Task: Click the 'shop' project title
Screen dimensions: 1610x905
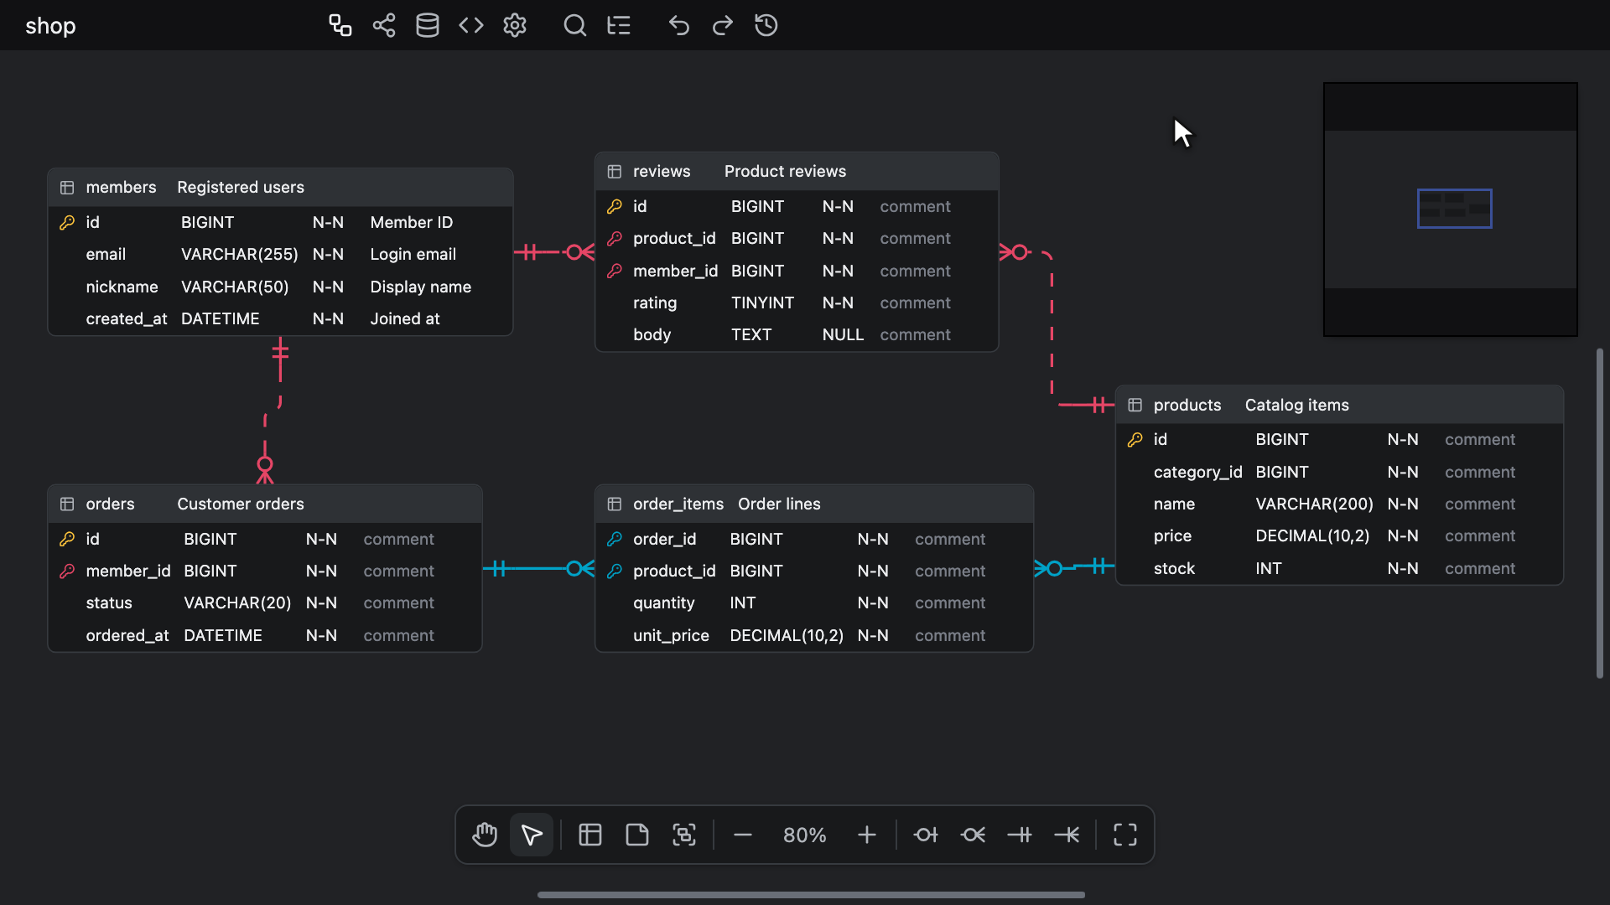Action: (x=50, y=26)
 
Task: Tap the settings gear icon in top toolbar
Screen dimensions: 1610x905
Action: (x=515, y=25)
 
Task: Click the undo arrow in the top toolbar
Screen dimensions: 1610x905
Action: (x=679, y=25)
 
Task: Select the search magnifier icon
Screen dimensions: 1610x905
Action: (x=574, y=25)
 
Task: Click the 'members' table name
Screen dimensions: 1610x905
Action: (x=121, y=187)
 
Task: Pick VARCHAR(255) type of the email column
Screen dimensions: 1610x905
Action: (x=240, y=254)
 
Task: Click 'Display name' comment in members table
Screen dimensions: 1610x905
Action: (x=421, y=287)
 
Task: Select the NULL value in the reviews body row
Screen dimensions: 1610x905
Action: (x=843, y=334)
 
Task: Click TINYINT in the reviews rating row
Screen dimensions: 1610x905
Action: (x=762, y=303)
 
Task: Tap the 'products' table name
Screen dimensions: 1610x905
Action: (x=1187, y=405)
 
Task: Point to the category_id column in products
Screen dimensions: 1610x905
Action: (x=1197, y=472)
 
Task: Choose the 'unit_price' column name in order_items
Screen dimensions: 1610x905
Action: (x=671, y=635)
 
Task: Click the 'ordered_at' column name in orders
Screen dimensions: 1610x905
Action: (x=127, y=635)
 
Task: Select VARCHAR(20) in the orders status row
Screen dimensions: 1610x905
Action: (x=237, y=602)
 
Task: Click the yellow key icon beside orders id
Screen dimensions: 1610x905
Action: (x=67, y=539)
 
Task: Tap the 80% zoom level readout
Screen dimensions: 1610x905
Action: (x=805, y=835)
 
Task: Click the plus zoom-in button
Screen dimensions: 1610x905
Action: (x=867, y=835)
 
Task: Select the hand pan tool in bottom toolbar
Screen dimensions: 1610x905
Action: (x=485, y=835)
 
